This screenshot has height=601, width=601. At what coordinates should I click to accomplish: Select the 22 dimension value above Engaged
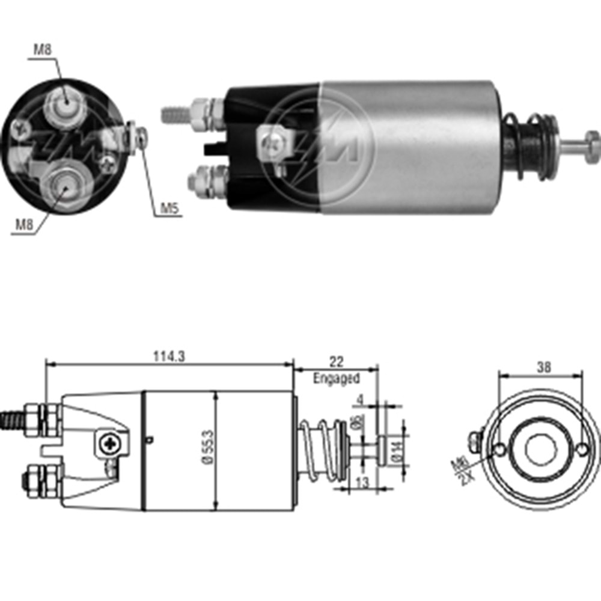click(336, 361)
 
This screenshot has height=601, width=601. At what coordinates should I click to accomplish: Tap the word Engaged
click(336, 379)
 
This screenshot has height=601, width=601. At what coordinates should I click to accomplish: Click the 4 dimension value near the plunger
click(361, 398)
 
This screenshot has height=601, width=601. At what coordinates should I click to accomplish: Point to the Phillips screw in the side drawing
click(111, 445)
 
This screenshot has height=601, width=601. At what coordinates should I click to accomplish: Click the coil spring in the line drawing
click(319, 450)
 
